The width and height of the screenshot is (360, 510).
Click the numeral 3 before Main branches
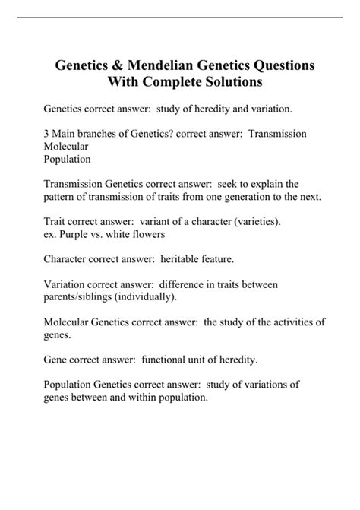[46, 133]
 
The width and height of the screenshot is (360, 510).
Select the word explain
[276, 183]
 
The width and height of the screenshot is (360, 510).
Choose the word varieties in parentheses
[253, 221]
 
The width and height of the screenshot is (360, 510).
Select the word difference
[182, 284]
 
